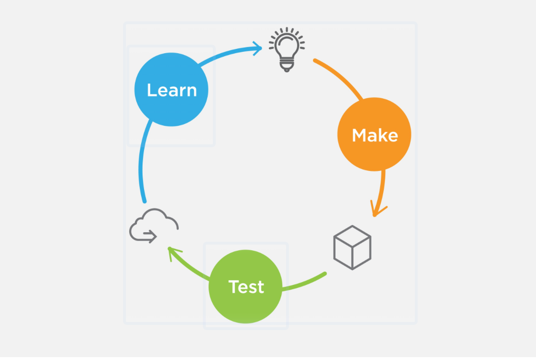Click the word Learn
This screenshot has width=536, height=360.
pos(172,90)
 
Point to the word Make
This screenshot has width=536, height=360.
pos(374,135)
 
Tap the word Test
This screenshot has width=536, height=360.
pos(246,287)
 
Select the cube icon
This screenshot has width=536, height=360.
pos(352,247)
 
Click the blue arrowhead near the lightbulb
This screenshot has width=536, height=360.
pos(258,47)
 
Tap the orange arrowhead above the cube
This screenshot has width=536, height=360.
pos(377,210)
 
